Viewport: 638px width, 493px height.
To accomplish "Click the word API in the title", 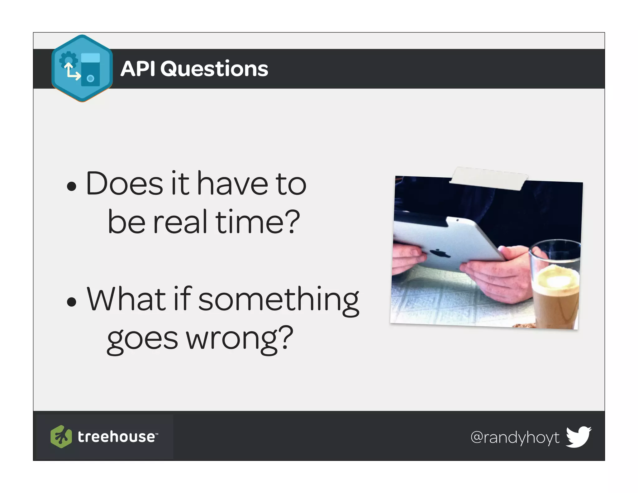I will [x=137, y=69].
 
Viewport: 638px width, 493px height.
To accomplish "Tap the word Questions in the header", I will [x=214, y=69].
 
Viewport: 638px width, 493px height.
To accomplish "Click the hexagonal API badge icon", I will [x=82, y=68].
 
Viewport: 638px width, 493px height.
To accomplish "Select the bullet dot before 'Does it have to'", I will [x=72, y=186].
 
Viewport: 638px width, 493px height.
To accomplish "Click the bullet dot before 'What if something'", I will [x=72, y=301].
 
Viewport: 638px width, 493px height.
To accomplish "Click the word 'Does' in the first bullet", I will [x=124, y=184].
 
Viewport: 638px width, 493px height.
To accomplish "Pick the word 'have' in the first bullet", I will [x=232, y=184].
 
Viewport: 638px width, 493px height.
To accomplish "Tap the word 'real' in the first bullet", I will [x=180, y=222].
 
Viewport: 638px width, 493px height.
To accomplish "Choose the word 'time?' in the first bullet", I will [x=257, y=222].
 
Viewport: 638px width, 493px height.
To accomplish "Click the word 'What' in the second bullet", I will [x=126, y=299].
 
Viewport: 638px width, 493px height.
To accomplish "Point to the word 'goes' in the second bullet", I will [x=142, y=339].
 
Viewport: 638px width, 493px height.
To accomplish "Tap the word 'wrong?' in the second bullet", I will [x=240, y=339].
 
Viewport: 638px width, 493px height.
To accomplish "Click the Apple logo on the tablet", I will [x=440, y=253].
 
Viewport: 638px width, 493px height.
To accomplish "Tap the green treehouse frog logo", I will [x=61, y=436].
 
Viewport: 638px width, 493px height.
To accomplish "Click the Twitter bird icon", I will [x=578, y=436].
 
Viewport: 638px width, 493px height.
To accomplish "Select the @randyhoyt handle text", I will [x=515, y=437].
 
